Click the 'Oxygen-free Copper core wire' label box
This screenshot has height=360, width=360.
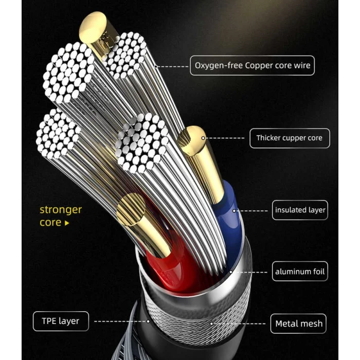click(252, 65)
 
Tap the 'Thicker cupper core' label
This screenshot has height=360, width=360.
click(290, 138)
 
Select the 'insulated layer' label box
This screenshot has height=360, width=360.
click(300, 210)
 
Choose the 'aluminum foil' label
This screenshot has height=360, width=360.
click(300, 272)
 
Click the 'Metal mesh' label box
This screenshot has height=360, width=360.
click(298, 323)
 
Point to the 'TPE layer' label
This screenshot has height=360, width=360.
click(61, 321)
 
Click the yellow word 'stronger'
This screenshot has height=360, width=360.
click(61, 210)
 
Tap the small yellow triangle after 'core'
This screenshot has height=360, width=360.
click(67, 223)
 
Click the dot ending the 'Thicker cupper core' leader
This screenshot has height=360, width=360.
click(203, 138)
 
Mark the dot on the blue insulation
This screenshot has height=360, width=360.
click(234, 211)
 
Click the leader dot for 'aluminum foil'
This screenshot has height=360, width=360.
click(231, 272)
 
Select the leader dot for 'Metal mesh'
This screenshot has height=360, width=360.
click(211, 323)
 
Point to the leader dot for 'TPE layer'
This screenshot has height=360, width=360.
click(148, 321)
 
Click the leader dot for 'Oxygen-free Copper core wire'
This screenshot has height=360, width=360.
click(156, 66)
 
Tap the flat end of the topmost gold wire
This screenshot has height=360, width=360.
click(93, 27)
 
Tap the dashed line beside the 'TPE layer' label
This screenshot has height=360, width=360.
click(120, 321)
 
